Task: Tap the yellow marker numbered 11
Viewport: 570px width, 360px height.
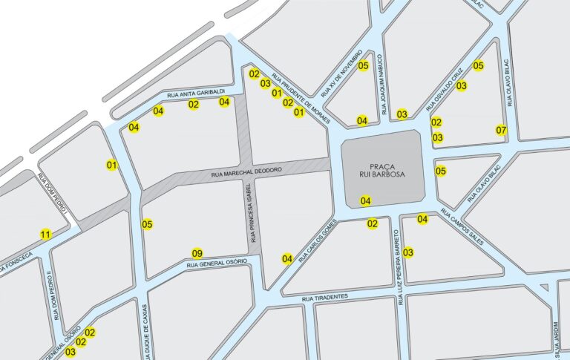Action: [x=46, y=235]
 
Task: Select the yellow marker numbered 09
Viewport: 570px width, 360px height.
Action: [x=197, y=252]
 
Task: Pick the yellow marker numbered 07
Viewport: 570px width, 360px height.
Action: [x=501, y=131]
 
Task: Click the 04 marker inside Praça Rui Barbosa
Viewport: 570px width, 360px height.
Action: [x=365, y=200]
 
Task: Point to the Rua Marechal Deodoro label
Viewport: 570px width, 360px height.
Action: [x=246, y=171]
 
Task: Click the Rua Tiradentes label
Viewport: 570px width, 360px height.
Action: [x=325, y=297]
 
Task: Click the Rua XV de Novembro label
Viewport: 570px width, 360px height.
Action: [x=341, y=76]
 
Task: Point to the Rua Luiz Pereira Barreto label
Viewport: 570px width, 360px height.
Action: [x=399, y=275]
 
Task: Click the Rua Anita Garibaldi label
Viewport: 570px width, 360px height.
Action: [x=195, y=93]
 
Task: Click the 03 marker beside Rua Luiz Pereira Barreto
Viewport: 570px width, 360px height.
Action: [x=407, y=252]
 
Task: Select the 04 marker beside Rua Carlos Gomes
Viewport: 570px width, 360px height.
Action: [x=287, y=258]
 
